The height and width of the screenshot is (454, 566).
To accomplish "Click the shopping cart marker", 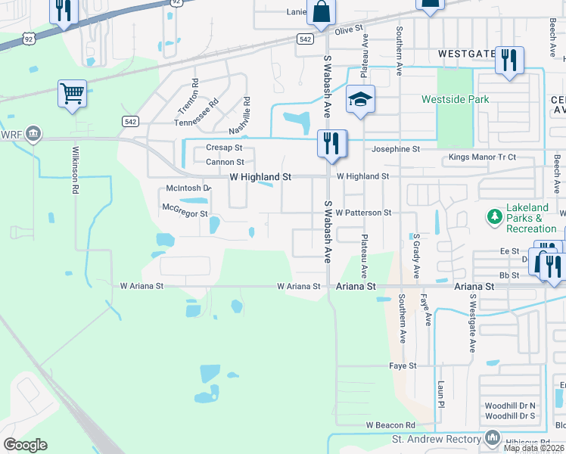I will coord(72,95).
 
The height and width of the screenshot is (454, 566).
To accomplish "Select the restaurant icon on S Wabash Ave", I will coord(331,143).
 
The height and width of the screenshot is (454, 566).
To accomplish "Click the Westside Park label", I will coord(455,99).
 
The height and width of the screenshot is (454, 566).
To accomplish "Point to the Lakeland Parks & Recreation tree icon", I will coord(495,218).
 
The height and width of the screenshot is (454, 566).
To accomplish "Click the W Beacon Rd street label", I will coord(390,425).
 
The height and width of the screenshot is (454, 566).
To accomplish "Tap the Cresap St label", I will coord(224,148).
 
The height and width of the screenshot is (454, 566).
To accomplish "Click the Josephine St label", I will coord(394,150).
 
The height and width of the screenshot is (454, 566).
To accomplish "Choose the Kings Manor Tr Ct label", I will coord(482,157).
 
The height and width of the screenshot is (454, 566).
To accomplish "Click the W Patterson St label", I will coord(363,213).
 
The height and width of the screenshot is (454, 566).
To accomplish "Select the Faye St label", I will coord(403,366).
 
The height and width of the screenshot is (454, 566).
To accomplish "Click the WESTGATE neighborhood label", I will coord(465,54).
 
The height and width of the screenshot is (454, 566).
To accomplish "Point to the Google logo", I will coord(25,445).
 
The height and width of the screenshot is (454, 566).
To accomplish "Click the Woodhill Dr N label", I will coord(510,406).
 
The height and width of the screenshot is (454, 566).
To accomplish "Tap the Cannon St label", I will coord(225,162).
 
